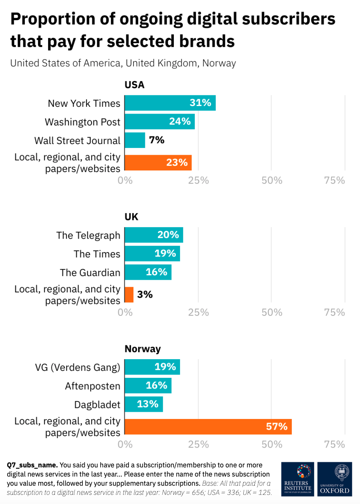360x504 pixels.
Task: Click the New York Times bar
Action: pyautogui.click(x=170, y=103)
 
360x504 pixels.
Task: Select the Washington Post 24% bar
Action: pyautogui.click(x=159, y=122)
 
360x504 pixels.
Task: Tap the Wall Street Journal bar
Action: pyautogui.click(x=135, y=140)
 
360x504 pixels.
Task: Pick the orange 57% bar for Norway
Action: pyautogui.click(x=208, y=427)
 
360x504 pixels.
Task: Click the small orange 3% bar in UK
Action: pyautogui.click(x=129, y=295)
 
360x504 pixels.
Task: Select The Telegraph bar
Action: pyautogui.click(x=154, y=235)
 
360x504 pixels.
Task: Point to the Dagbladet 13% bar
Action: pyautogui.click(x=144, y=404)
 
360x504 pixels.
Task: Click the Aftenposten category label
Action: pyautogui.click(x=93, y=386)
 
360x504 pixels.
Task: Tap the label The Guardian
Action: pyautogui.click(x=90, y=273)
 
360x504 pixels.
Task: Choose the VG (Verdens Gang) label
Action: pyautogui.click(x=77, y=367)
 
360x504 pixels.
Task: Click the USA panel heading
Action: pyautogui.click(x=134, y=85)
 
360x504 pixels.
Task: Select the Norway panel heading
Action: pyautogui.click(x=143, y=349)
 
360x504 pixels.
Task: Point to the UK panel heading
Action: pyautogui.click(x=131, y=217)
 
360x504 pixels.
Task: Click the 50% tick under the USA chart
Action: pyautogui.click(x=272, y=180)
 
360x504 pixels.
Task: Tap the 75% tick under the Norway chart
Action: pyautogui.click(x=334, y=445)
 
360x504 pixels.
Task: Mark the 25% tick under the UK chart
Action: pyautogui.click(x=198, y=313)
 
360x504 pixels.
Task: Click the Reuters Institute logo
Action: pyautogui.click(x=297, y=479)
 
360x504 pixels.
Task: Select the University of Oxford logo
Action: pyautogui.click(x=334, y=479)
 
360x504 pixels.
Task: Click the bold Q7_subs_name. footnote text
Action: pyautogui.click(x=32, y=465)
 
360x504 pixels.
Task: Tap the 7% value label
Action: pyautogui.click(x=157, y=140)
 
